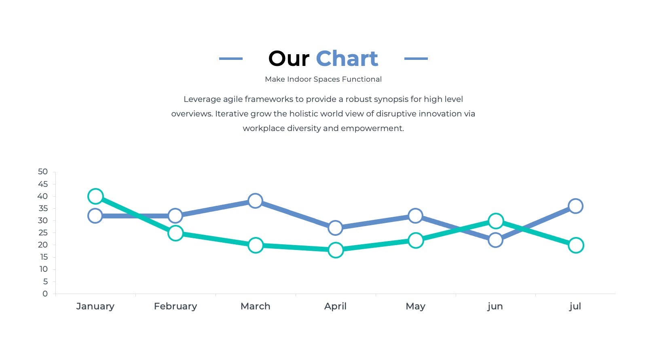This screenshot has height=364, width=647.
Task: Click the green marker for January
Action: pyautogui.click(x=95, y=197)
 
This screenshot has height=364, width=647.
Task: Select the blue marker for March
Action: pyautogui.click(x=255, y=201)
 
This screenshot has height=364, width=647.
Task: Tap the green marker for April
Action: pyautogui.click(x=336, y=250)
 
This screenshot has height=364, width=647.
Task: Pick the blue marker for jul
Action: pyautogui.click(x=575, y=206)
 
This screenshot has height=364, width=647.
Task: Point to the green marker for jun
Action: pyautogui.click(x=496, y=221)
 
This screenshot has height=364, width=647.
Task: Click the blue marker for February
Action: pyautogui.click(x=175, y=216)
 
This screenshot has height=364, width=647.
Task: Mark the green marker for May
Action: pyautogui.click(x=416, y=240)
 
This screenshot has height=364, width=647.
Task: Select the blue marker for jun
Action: pyautogui.click(x=495, y=240)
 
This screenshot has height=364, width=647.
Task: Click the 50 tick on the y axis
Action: pyautogui.click(x=43, y=171)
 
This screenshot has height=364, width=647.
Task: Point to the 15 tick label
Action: pyautogui.click(x=44, y=257)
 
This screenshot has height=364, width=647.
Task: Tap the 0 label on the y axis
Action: pyautogui.click(x=45, y=294)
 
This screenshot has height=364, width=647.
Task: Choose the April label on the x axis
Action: pyautogui.click(x=335, y=307)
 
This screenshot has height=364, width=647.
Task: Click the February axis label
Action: pyautogui.click(x=175, y=307)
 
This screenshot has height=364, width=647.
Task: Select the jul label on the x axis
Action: pyautogui.click(x=575, y=307)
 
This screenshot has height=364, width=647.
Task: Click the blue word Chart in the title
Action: pyautogui.click(x=347, y=59)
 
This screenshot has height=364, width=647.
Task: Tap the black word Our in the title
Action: pyautogui.click(x=289, y=59)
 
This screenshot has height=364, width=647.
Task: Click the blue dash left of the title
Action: pyautogui.click(x=231, y=59)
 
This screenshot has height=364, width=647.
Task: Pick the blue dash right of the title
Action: pyautogui.click(x=416, y=59)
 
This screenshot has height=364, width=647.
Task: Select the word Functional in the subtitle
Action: pyautogui.click(x=362, y=79)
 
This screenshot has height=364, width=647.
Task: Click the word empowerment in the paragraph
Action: pyautogui.click(x=372, y=129)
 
